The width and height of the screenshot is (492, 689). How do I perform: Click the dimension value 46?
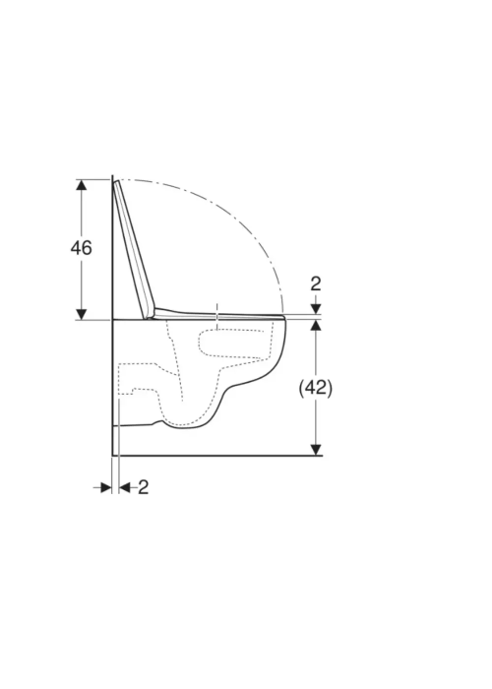coord(82,248)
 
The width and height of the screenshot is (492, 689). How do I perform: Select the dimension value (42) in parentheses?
coord(316,388)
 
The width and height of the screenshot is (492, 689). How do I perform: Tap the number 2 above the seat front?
coord(316,283)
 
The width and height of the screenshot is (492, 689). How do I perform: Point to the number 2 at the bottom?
coord(144,487)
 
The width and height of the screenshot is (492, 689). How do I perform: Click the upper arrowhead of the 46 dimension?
coord(82,185)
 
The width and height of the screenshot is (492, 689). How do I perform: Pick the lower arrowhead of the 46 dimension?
coord(82,314)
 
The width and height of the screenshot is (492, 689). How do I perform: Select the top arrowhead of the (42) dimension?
coord(316,326)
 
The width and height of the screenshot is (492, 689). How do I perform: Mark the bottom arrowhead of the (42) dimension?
coord(316,450)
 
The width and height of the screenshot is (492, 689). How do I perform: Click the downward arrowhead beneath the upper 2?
coord(316,309)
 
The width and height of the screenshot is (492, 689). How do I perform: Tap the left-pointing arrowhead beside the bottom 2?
coord(125,487)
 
